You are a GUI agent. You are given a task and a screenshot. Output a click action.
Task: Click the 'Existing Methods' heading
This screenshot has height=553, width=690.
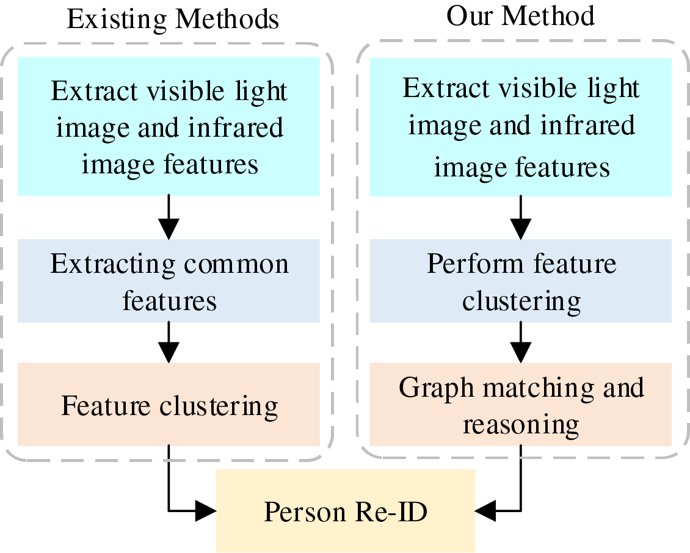tap(173, 19)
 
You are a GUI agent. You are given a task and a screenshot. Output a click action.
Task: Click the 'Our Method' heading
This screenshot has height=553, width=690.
tap(520, 16)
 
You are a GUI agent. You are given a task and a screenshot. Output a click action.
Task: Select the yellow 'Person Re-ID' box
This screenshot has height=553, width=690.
tap(346, 511)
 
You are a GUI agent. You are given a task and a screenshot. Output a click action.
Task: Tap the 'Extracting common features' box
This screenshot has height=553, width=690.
tap(169, 281)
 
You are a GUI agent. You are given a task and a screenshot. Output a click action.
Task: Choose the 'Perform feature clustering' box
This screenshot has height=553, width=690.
tap(521, 281)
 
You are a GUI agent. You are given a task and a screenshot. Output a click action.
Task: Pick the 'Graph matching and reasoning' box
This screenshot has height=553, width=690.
tap(521, 405)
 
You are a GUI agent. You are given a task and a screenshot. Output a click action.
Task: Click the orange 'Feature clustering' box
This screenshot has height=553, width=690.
tap(169, 405)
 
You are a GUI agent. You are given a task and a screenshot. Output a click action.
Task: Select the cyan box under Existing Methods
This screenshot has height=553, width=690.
tap(169, 127)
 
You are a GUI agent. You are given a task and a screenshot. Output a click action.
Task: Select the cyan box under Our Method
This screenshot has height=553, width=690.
tap(521, 127)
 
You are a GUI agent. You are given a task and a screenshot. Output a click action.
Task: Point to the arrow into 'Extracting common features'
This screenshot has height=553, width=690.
tap(169, 219)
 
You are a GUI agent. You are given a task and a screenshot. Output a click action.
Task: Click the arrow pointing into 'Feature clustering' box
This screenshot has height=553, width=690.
tap(169, 342)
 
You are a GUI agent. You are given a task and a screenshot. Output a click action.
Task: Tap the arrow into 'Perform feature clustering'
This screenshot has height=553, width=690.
tap(521, 219)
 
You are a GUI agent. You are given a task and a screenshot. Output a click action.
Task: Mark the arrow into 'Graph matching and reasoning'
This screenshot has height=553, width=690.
tap(521, 342)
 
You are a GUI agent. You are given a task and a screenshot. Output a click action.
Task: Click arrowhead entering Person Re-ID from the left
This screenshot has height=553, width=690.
tap(206, 510)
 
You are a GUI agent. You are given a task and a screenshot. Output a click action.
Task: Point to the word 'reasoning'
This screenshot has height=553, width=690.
tap(521, 424)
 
